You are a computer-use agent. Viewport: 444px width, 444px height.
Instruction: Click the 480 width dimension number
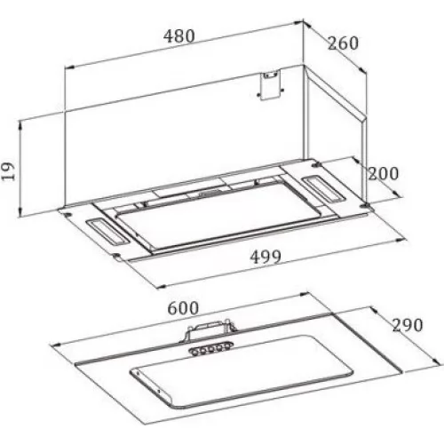tap(179, 36)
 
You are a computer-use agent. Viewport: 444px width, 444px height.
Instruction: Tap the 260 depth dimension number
tap(343, 44)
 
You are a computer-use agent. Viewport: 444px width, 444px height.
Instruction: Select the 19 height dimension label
tap(8, 171)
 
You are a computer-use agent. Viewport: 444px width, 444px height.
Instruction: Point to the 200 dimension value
tap(383, 173)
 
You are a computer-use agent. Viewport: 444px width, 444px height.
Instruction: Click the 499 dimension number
tap(266, 257)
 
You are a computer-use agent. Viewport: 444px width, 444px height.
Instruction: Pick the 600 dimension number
tap(183, 308)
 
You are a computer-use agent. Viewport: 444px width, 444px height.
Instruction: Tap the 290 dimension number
tap(408, 325)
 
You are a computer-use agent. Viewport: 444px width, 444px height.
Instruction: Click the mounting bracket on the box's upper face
tap(270, 85)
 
